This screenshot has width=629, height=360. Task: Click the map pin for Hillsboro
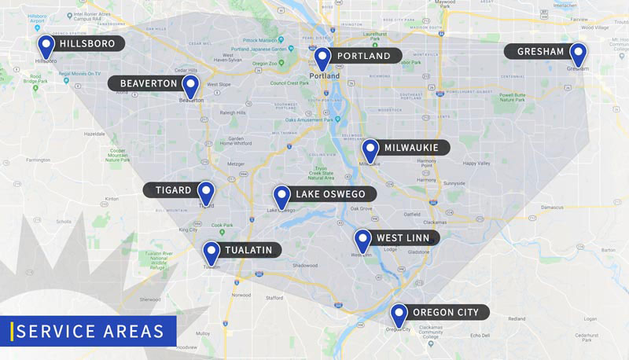click(46, 46)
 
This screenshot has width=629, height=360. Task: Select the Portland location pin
click(322, 58)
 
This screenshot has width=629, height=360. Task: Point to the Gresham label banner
click(540, 52)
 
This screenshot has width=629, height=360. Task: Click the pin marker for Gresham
click(578, 54)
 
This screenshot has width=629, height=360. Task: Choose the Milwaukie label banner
click(415, 147)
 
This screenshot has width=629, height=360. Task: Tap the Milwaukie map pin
click(370, 149)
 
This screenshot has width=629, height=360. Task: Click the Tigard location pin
click(205, 192)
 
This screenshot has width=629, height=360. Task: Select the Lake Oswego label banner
click(332, 193)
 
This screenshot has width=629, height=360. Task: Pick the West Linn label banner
click(402, 238)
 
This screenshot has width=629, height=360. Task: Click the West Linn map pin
click(362, 240)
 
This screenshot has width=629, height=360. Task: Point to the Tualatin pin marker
click(211, 252)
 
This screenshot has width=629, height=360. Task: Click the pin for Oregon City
click(399, 314)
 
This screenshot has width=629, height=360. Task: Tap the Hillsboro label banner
click(87, 43)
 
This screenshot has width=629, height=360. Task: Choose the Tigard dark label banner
click(169, 190)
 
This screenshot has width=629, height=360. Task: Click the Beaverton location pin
click(190, 86)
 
